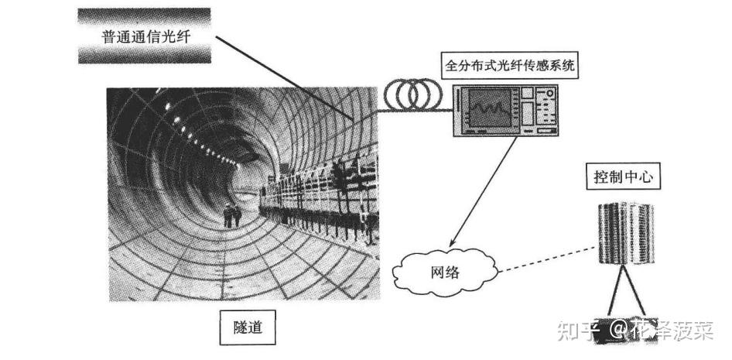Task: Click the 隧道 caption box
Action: [241, 327]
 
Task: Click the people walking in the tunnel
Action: [232, 214]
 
